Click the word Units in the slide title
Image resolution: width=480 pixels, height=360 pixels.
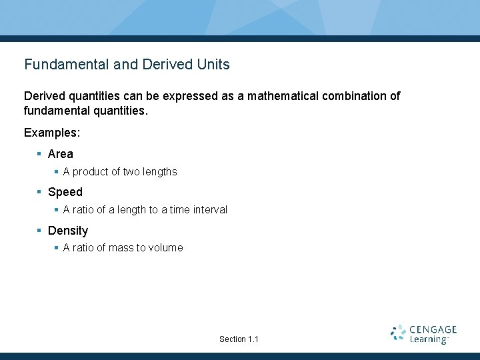(213, 65)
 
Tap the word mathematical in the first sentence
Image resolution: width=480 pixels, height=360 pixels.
(283, 96)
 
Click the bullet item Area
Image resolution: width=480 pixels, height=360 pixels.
(61, 154)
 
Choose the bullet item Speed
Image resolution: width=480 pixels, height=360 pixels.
(65, 192)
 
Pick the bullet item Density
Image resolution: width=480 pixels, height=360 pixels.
(68, 231)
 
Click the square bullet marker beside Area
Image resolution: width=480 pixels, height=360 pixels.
(40, 154)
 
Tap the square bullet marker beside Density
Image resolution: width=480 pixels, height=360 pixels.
(40, 231)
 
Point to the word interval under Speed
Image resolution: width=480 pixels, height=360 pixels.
(210, 210)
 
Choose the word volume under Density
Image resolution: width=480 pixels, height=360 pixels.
(167, 248)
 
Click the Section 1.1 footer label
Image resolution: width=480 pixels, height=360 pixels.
(239, 339)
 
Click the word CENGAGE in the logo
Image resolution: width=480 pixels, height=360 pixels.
(433, 329)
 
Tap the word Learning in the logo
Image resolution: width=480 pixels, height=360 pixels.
(428, 339)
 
